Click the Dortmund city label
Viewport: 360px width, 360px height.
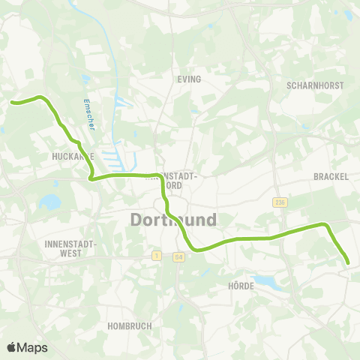point(173,220)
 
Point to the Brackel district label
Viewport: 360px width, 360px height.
point(330,176)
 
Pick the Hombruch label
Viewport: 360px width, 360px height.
point(130,326)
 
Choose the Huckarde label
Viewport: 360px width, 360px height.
point(72,156)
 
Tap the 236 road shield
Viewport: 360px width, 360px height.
point(280,202)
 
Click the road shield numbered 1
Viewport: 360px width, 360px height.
point(156,256)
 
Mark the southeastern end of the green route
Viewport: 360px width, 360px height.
point(349,262)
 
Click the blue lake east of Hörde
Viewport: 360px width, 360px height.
point(265,283)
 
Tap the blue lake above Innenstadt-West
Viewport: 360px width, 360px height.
point(50,202)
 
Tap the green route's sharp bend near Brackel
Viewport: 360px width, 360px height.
point(325,224)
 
